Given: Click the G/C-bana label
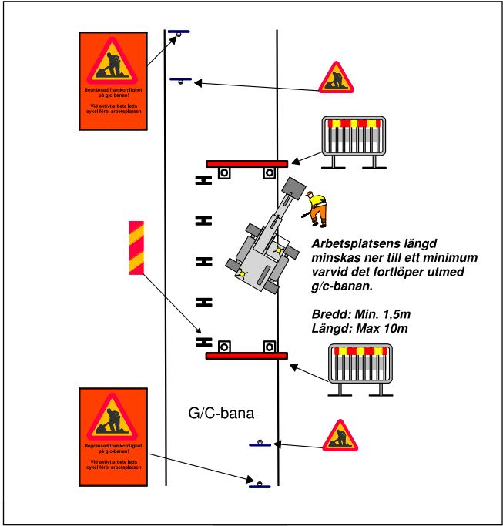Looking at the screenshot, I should tap(221, 413).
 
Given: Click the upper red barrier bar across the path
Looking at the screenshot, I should tap(246, 163).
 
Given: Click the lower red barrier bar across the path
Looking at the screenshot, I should tap(246, 356).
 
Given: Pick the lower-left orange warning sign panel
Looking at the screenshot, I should tap(112, 437).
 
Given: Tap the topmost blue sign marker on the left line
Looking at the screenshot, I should tap(179, 32).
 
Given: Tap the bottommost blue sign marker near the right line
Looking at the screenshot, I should tap(260, 485).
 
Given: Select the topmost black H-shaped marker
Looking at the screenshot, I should tap(203, 180).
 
